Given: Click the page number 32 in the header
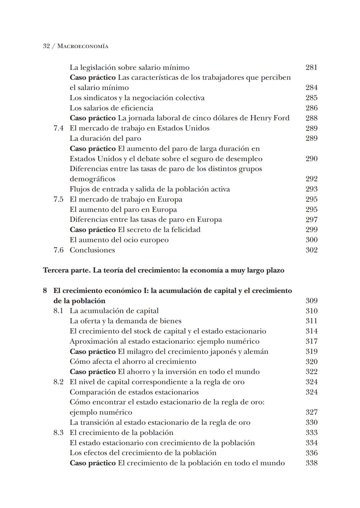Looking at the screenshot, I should [46, 46].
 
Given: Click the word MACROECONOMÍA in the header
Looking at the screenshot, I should [83, 46].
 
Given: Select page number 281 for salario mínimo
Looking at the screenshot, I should [311, 67].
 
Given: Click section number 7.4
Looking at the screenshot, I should [58, 128].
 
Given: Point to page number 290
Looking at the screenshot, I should [311, 159].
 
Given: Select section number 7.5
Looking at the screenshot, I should [58, 199].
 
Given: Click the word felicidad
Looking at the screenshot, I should [185, 230].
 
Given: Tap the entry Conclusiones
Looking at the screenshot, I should [92, 250].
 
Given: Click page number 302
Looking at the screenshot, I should [311, 250].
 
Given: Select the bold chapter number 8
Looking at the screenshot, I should [45, 291].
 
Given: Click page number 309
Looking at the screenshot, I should [311, 301].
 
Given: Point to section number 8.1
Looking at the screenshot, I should [58, 311].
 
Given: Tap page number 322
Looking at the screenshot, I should [311, 372].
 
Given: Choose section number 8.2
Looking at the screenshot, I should [58, 382].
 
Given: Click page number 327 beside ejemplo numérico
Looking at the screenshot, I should [311, 412].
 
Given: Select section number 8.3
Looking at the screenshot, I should [58, 433].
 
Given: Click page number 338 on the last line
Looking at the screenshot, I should [311, 463].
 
